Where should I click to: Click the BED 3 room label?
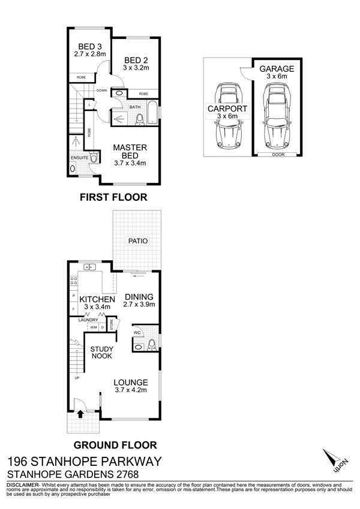(x=90, y=47)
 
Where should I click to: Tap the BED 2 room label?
(x=136, y=61)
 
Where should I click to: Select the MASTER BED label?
(x=130, y=151)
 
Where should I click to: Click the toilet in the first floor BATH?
(x=140, y=119)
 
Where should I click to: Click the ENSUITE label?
(x=80, y=158)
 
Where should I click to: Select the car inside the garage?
(x=277, y=116)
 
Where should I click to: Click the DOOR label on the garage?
(x=279, y=155)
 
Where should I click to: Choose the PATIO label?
(x=138, y=241)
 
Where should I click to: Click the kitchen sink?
(x=89, y=267)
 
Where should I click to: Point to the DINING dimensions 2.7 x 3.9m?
(x=139, y=305)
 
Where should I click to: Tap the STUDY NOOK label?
(x=101, y=353)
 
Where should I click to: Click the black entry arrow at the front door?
(x=80, y=414)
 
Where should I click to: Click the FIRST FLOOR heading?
(x=113, y=197)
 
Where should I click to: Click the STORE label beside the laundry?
(x=112, y=325)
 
